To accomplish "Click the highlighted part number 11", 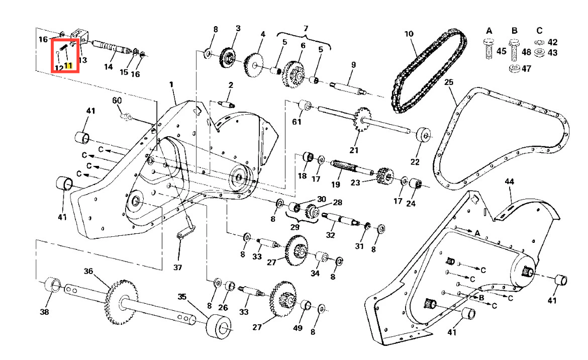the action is (x=68, y=66).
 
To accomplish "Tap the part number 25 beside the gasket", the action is (x=449, y=82).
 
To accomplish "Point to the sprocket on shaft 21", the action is (x=361, y=119).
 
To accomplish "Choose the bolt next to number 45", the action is (x=488, y=49).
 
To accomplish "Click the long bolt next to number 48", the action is (x=514, y=50).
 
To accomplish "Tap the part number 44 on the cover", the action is (x=509, y=182).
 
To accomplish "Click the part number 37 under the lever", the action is (x=177, y=267).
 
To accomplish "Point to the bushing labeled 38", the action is (x=52, y=285).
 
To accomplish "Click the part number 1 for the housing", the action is (x=171, y=84).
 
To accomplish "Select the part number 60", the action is (x=117, y=100).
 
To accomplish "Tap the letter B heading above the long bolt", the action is (x=515, y=30).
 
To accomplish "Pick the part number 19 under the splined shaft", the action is (x=336, y=184).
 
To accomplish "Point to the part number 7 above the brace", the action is (x=306, y=29).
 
